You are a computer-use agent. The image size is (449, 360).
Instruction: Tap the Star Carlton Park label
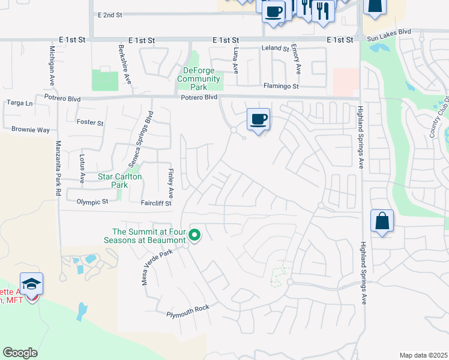click(x=120, y=181)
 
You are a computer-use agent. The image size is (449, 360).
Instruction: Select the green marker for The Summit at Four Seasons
click(x=194, y=235)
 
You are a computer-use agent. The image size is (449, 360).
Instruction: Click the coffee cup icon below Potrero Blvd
click(x=258, y=119)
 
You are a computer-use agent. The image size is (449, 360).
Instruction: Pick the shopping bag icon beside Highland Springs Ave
click(x=382, y=221)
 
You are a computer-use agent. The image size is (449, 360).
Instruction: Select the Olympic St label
click(x=92, y=202)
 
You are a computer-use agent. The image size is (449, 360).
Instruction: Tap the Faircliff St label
click(x=156, y=203)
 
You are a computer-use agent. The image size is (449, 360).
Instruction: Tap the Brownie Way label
click(x=30, y=129)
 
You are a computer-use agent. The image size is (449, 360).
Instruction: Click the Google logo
click(x=20, y=353)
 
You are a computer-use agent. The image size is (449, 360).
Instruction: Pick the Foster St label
click(x=90, y=122)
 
